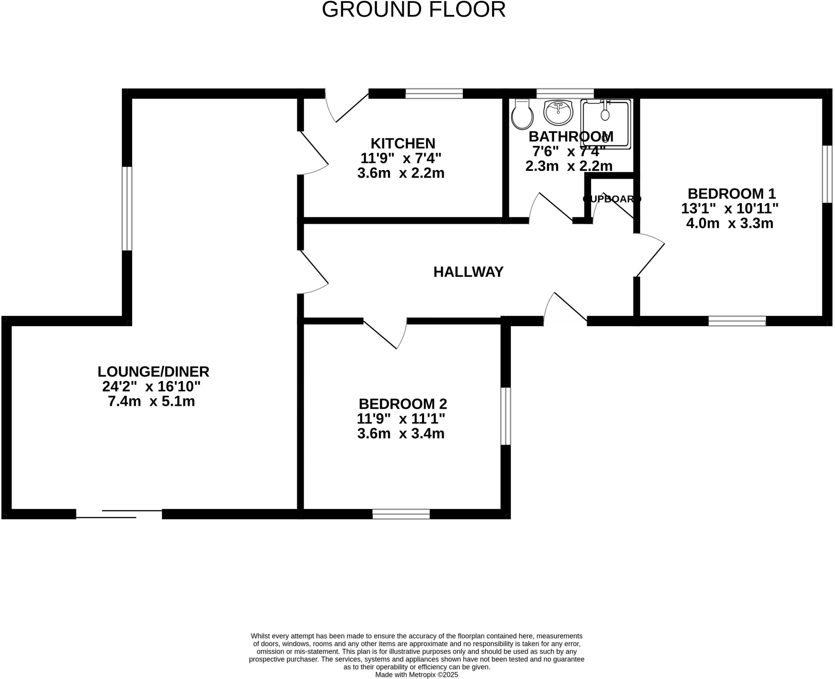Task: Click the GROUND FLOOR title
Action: (413, 9)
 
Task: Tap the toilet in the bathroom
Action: (522, 114)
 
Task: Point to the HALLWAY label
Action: (468, 272)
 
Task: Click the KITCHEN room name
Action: (403, 143)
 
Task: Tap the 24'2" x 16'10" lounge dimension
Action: (151, 386)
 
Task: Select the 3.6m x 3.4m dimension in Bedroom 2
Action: (400, 434)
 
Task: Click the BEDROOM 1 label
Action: (731, 193)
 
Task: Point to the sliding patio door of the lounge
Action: (119, 514)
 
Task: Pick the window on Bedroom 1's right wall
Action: (827, 174)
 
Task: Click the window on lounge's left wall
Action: (127, 208)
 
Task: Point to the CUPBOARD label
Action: (612, 199)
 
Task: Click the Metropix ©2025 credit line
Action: (416, 675)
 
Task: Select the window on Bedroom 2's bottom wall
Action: (401, 514)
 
